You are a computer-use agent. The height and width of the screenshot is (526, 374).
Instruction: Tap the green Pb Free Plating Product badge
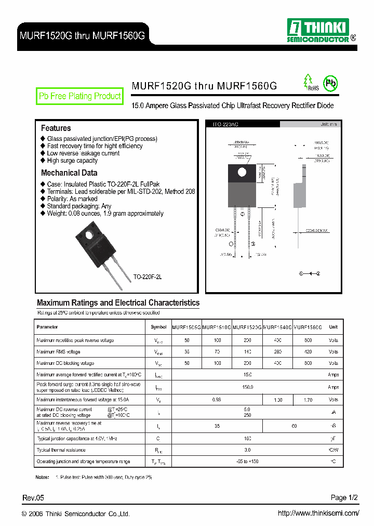tap(79, 96)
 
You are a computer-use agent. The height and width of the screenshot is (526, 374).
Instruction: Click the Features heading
tap(56, 128)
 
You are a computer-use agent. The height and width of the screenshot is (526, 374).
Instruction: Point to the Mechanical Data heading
tap(69, 173)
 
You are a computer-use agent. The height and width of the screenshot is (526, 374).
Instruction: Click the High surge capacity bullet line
tap(72, 161)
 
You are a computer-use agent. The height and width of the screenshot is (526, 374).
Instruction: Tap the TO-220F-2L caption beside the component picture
tap(148, 278)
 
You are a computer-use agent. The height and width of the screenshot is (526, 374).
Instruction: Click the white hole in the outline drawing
tap(241, 172)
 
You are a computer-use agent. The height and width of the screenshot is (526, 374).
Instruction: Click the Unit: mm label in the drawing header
tap(329, 125)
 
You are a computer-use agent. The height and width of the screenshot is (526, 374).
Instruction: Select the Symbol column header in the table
tap(158, 327)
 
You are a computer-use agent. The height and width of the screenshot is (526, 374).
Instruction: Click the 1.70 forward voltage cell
tap(308, 400)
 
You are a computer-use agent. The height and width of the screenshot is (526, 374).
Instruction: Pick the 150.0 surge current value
tap(247, 387)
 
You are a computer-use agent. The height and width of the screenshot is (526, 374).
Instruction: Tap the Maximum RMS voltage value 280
tap(278, 352)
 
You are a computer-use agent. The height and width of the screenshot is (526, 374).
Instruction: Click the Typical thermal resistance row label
tap(61, 450)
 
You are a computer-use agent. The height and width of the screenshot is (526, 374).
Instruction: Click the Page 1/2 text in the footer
tap(345, 498)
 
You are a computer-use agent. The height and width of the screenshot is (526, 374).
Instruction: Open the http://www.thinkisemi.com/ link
tap(318, 514)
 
